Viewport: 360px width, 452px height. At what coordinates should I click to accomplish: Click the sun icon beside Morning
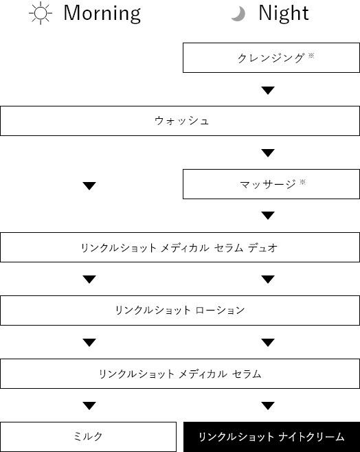pyautogui.click(x=41, y=13)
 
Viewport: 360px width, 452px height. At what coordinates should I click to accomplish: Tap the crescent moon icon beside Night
pyautogui.click(x=238, y=14)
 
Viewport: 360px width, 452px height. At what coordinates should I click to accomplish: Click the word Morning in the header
pyautogui.click(x=102, y=13)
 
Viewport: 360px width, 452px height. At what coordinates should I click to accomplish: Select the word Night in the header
pyautogui.click(x=284, y=13)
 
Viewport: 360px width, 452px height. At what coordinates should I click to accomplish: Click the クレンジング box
pyautogui.click(x=271, y=58)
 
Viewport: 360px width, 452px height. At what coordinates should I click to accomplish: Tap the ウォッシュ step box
pyautogui.click(x=180, y=121)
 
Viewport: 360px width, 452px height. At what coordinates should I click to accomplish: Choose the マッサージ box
pyautogui.click(x=271, y=184)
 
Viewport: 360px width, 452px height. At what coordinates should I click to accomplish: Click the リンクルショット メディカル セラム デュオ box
pyautogui.click(x=180, y=247)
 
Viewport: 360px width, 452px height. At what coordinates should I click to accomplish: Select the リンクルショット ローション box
pyautogui.click(x=180, y=310)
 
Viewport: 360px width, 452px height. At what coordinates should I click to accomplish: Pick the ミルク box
pyautogui.click(x=88, y=437)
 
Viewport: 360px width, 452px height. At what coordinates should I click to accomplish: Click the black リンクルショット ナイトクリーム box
pyautogui.click(x=271, y=437)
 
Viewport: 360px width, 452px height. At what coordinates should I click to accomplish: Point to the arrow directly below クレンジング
pyautogui.click(x=268, y=90)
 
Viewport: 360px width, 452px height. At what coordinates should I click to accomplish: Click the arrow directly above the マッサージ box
pyautogui.click(x=268, y=153)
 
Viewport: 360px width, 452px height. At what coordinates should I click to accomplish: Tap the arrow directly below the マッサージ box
pyautogui.click(x=268, y=216)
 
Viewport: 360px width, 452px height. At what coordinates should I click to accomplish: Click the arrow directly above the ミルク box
pyautogui.click(x=89, y=406)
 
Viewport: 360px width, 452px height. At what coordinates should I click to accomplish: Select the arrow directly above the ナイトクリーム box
pyautogui.click(x=268, y=406)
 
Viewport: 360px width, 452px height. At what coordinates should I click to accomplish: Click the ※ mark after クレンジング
pyautogui.click(x=311, y=55)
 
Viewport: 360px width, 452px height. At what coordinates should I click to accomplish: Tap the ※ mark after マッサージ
pyautogui.click(x=302, y=181)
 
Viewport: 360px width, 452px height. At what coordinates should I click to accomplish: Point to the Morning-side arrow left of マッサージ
pyautogui.click(x=89, y=186)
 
